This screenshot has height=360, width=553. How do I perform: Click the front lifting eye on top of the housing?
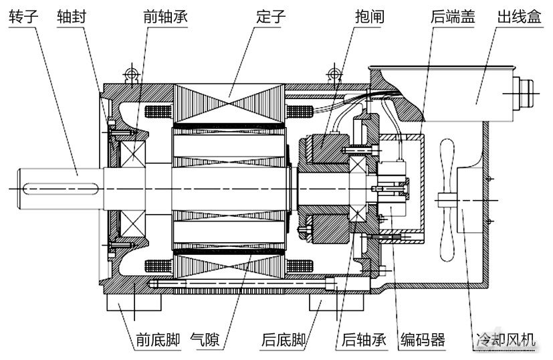pyautogui.click(x=130, y=73)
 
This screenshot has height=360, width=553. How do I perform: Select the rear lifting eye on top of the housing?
pyautogui.click(x=332, y=74)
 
